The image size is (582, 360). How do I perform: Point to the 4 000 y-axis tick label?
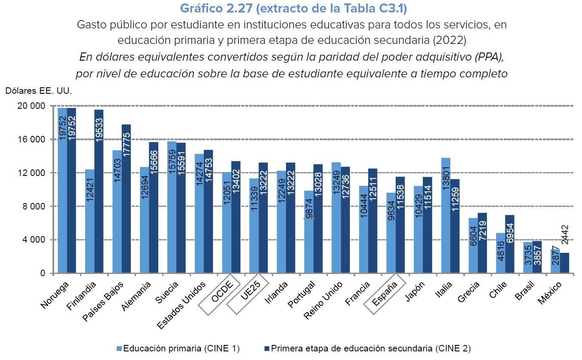(x=34, y=240)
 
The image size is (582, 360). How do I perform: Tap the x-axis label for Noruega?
(x=55, y=295)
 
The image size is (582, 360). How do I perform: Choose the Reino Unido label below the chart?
(x=323, y=300)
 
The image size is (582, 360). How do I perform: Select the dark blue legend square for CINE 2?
(x=267, y=348)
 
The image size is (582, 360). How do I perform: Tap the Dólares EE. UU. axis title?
(x=38, y=91)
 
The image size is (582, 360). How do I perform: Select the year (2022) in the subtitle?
(x=449, y=40)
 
